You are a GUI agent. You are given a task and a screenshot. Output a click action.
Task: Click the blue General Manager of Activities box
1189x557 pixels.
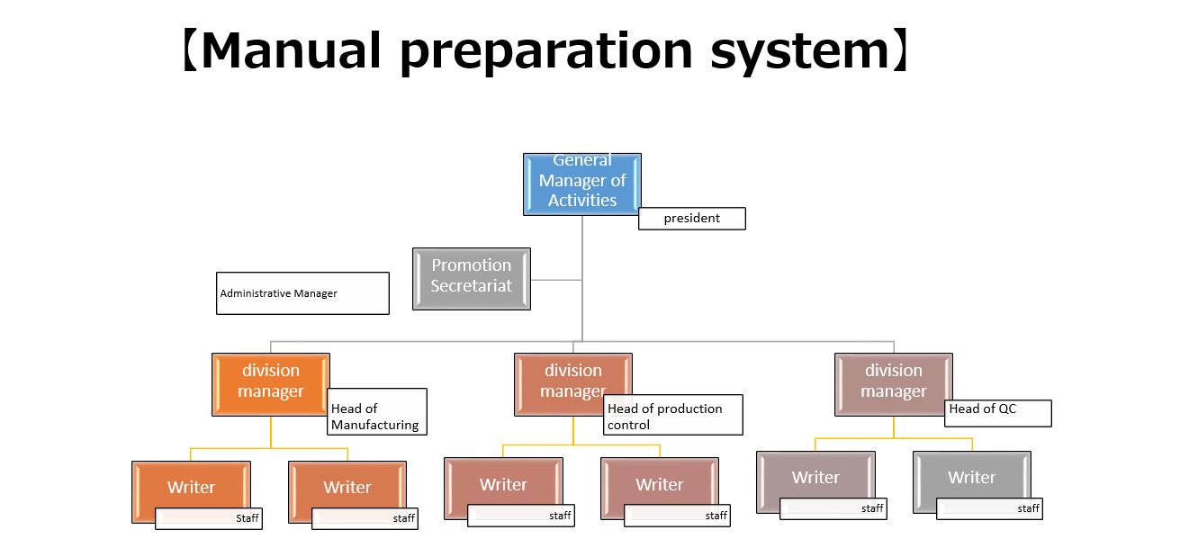pos(582,184)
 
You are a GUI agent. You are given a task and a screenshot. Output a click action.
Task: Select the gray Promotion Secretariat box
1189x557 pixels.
pos(472,279)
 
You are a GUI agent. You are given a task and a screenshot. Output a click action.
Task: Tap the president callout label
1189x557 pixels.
pos(691,219)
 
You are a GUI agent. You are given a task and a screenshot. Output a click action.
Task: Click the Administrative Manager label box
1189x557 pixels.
pos(302,293)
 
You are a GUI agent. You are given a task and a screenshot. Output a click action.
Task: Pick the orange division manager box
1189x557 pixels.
pos(271,384)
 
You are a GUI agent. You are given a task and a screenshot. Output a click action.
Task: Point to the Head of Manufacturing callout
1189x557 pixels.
pos(377,411)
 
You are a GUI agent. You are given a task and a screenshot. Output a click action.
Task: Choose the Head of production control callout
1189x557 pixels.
pos(673,415)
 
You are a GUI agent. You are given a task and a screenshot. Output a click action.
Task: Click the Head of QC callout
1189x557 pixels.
pos(998,413)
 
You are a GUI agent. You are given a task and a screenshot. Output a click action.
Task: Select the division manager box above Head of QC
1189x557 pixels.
pos(894,384)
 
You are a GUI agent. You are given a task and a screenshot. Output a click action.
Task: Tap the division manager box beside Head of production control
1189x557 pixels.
pos(573,384)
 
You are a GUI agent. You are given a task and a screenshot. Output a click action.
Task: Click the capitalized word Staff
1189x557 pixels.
pos(248,518)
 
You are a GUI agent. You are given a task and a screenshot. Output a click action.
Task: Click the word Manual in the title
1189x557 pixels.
pos(292,50)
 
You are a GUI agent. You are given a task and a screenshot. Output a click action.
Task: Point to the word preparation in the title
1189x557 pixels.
pos(546,53)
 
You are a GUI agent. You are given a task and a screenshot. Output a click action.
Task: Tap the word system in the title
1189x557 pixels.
pos(800,53)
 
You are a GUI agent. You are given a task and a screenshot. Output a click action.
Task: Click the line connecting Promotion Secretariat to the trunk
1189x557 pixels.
pos(556,280)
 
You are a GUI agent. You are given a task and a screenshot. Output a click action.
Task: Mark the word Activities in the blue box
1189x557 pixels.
pos(582,201)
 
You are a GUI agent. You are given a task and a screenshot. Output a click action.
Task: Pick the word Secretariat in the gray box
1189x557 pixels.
pos(472,286)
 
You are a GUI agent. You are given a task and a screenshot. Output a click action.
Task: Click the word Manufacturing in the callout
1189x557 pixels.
pos(374,426)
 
